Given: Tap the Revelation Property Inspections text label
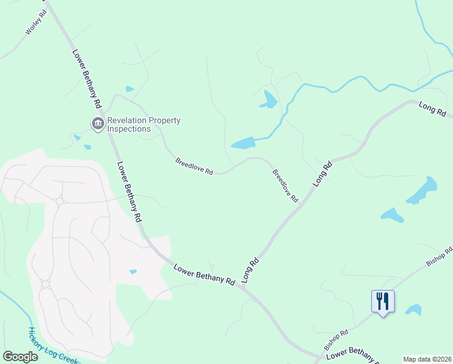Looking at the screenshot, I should point(144,124).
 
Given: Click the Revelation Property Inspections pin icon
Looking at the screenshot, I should point(97,124).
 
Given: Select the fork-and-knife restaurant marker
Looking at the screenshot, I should point(383,301).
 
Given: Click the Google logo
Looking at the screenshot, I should point(20,356).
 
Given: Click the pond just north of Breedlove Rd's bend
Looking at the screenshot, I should point(243,143).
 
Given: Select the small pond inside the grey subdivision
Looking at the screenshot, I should point(133,272).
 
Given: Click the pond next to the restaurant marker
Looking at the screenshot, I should point(414,310).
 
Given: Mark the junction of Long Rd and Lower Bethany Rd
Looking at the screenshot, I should point(242,285).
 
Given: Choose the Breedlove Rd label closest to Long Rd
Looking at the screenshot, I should point(285,185).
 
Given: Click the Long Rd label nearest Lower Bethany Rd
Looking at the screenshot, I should point(250,271).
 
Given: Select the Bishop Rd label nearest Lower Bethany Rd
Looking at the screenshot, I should point(336,340).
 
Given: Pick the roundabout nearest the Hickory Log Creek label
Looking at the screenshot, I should point(45,283).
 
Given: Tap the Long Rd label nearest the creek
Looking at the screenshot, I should point(432,109).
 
